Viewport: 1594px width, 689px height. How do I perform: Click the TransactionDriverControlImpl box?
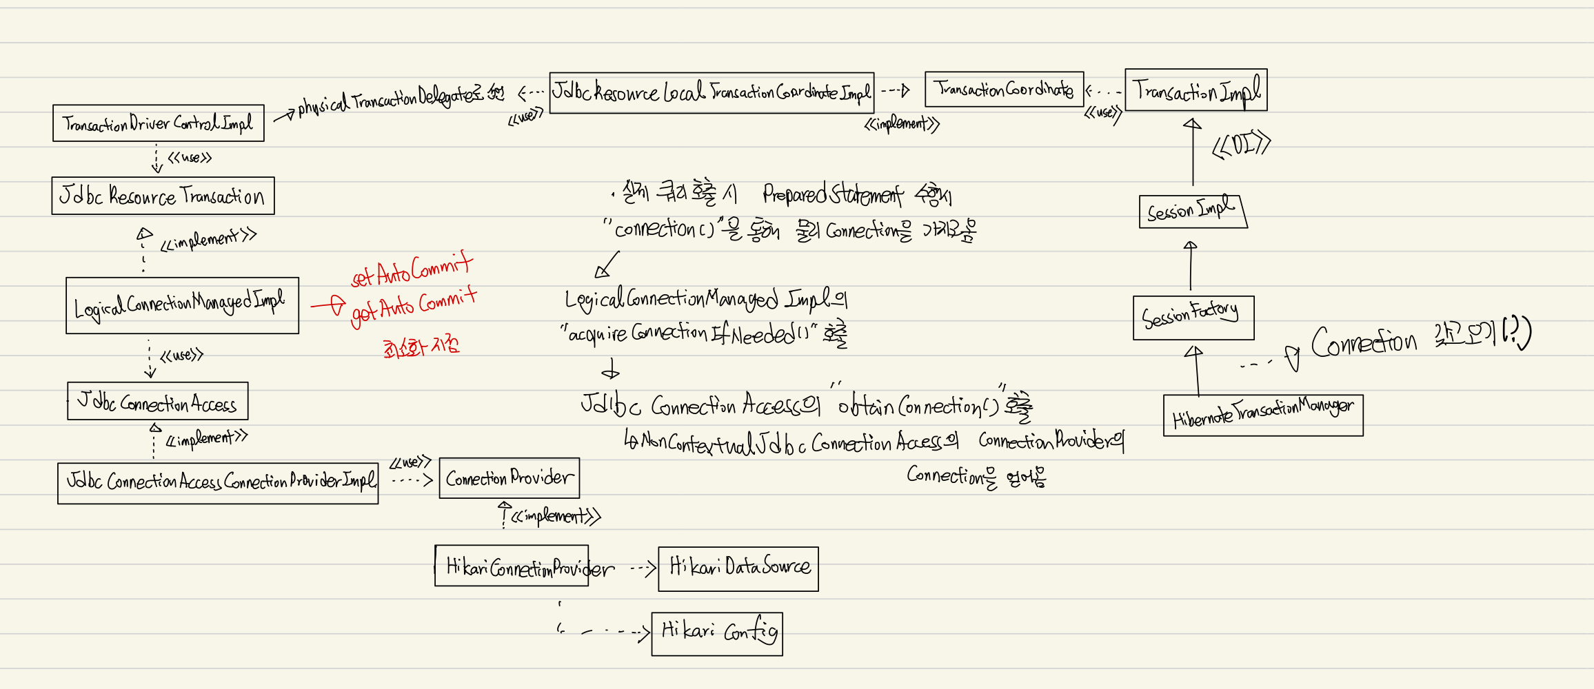click(158, 123)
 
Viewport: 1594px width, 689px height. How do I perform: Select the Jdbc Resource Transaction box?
click(163, 196)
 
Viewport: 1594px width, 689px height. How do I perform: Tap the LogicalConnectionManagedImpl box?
click(182, 305)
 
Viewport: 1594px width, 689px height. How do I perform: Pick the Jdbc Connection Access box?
click(157, 401)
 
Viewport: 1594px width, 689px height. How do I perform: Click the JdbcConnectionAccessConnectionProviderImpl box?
click(218, 483)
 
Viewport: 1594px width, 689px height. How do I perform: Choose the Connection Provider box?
click(509, 477)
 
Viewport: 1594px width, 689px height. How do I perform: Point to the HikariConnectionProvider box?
click(512, 566)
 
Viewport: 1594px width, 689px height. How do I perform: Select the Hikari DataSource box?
click(738, 568)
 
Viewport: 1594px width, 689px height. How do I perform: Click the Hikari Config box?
click(717, 633)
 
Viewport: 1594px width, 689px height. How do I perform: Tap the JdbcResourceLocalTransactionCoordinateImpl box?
click(712, 92)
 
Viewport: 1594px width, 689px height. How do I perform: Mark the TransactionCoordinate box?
click(1004, 90)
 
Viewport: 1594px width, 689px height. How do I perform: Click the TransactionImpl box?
click(1195, 90)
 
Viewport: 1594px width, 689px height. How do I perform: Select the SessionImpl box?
click(1193, 211)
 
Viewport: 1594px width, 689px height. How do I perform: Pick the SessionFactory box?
click(1193, 317)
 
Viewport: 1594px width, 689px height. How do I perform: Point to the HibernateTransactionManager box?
click(1262, 415)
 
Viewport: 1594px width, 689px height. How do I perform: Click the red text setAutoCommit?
click(412, 270)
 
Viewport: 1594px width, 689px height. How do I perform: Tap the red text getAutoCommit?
click(414, 306)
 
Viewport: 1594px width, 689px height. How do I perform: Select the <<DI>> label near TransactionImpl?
click(1241, 145)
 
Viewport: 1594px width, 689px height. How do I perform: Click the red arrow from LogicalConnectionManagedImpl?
click(327, 305)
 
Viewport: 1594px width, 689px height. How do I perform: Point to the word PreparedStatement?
click(832, 195)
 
